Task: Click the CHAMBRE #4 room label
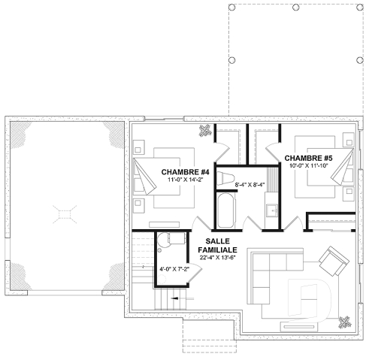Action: point(180,172)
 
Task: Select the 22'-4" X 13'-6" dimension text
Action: point(219,258)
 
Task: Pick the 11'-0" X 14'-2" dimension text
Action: point(180,181)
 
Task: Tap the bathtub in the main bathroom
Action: point(225,207)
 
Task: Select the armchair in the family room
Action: point(330,262)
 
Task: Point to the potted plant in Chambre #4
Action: point(204,132)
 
